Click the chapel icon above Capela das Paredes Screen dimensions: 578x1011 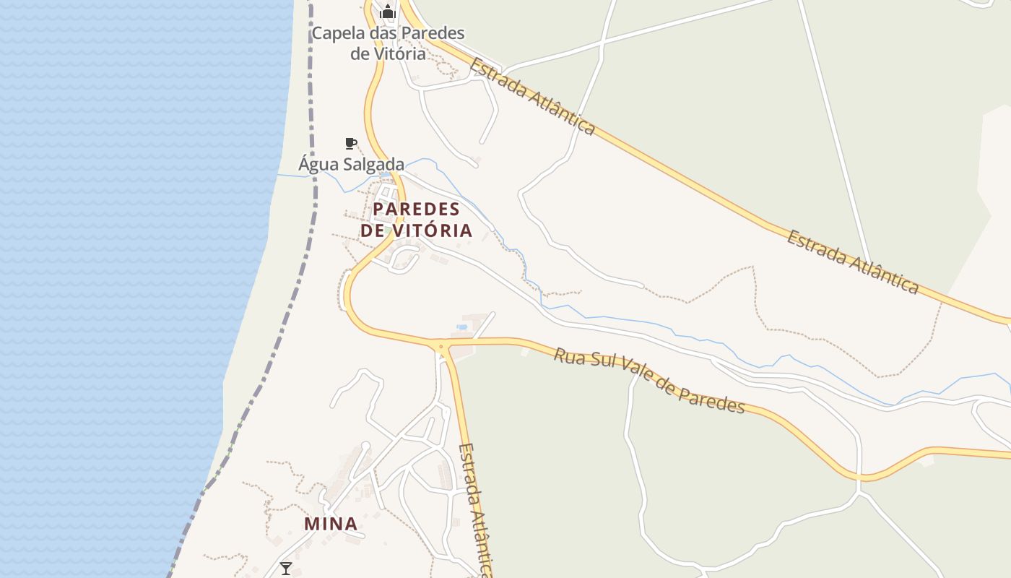(x=388, y=12)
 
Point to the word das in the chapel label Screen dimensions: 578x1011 (x=381, y=33)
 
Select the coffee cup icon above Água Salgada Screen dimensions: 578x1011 (x=350, y=143)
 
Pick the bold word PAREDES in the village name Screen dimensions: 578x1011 (x=417, y=210)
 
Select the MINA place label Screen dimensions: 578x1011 (x=331, y=523)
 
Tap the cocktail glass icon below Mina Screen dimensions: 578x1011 (x=286, y=568)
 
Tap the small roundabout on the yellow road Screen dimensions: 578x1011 (x=441, y=348)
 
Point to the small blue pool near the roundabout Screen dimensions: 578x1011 (x=461, y=327)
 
